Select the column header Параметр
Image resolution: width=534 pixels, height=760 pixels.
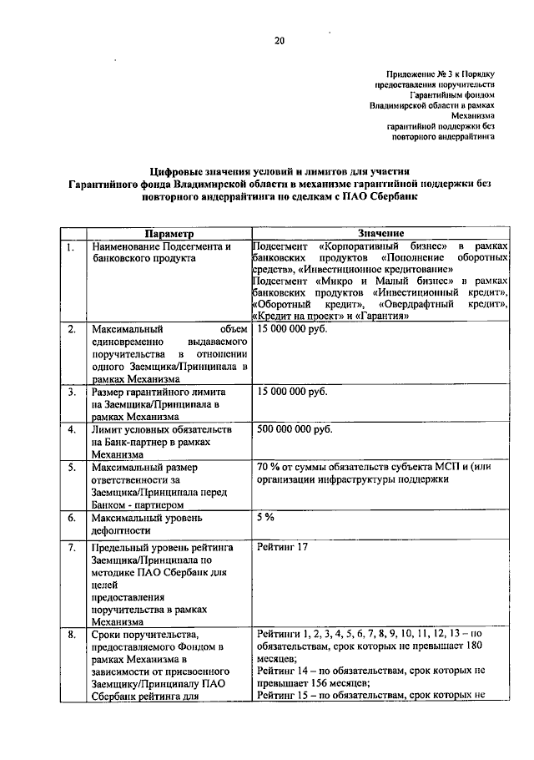168,233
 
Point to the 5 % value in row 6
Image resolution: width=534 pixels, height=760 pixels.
266,517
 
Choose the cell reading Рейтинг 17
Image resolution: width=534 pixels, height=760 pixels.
284,547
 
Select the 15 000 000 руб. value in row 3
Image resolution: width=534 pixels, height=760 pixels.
292,392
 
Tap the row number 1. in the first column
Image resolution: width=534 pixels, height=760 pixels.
73,248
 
